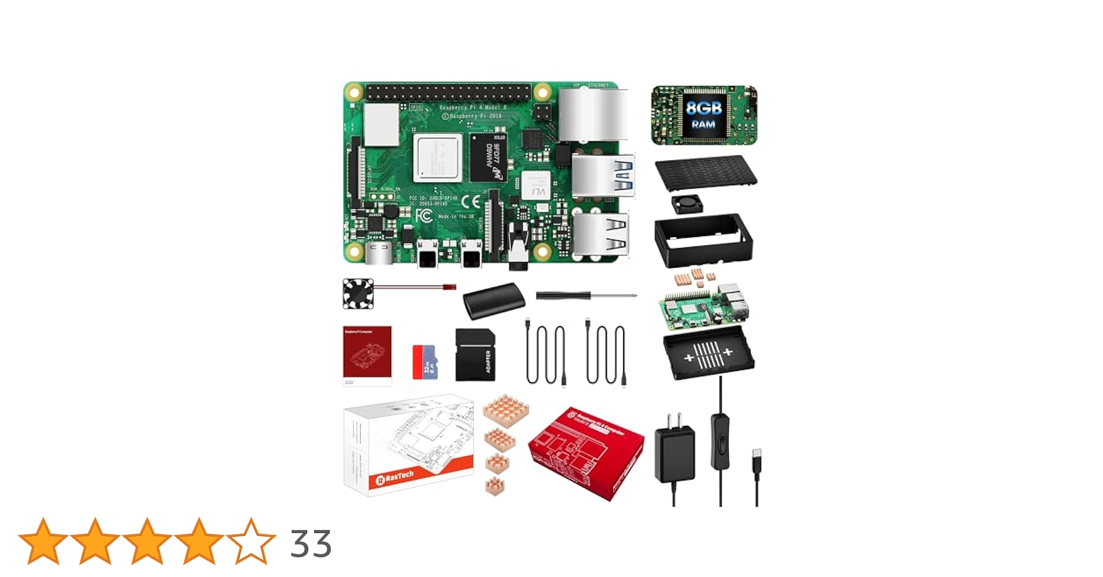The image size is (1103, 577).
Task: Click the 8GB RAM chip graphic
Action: [703, 115]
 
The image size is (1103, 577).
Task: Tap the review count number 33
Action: [311, 544]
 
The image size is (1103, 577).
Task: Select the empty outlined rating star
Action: [251, 541]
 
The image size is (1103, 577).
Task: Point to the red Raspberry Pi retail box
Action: [586, 452]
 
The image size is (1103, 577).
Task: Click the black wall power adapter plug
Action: [675, 453]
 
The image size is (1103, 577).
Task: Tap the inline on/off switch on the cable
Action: [720, 440]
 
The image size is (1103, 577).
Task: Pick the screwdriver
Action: [586, 295]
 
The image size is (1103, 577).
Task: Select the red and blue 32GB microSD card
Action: [425, 362]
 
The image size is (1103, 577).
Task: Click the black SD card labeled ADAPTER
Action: [475, 355]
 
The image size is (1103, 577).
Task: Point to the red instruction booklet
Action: [367, 355]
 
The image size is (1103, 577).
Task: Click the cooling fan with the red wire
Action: [359, 294]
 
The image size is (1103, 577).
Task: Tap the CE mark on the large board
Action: [472, 202]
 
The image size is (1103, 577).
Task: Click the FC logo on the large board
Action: [424, 216]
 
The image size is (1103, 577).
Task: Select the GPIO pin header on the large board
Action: [448, 92]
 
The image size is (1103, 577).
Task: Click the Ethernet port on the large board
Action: [593, 114]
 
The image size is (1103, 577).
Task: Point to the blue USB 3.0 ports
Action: [603, 175]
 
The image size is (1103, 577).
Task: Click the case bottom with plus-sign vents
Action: [709, 353]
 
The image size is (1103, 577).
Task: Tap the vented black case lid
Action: [706, 172]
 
